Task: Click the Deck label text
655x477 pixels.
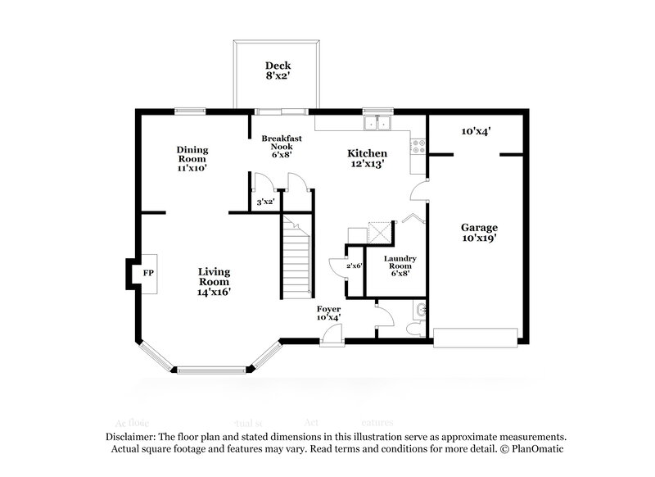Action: pyautogui.click(x=278, y=71)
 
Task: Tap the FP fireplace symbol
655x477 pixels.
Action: pyautogui.click(x=149, y=272)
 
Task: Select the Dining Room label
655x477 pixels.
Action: pyautogui.click(x=192, y=158)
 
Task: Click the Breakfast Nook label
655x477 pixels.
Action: pyautogui.click(x=278, y=145)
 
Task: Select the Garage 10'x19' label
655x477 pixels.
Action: pyautogui.click(x=479, y=232)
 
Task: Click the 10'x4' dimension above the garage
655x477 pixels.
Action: pyautogui.click(x=476, y=130)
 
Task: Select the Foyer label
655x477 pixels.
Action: pyautogui.click(x=328, y=312)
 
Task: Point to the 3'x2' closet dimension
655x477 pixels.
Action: pyautogui.click(x=264, y=201)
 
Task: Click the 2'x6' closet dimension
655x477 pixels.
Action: pyautogui.click(x=354, y=266)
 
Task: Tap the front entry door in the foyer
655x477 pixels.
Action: pyautogui.click(x=330, y=334)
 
